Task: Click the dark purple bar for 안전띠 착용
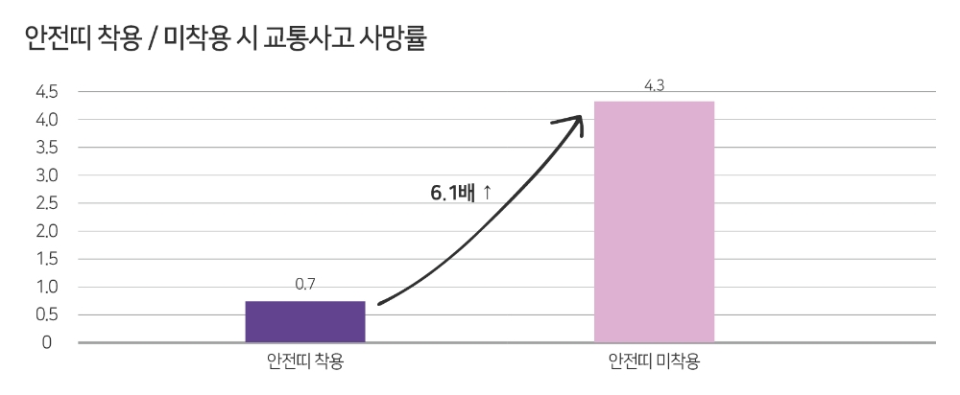coord(305,321)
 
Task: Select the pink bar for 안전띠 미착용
coord(654,221)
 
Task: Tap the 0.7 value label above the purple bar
coord(305,284)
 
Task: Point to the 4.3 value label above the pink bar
coord(654,86)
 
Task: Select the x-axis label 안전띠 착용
coord(305,362)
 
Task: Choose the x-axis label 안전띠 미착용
coord(654,362)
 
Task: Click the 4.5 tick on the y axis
coord(47,92)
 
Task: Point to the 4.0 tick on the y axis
coord(47,120)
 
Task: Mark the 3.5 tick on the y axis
coord(47,148)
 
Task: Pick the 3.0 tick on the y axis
coord(47,175)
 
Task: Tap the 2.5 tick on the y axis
coord(47,203)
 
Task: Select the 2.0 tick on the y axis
coord(47,231)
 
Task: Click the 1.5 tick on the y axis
coord(47,259)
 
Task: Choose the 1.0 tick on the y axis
coord(47,287)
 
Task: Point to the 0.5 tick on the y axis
coord(47,314)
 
